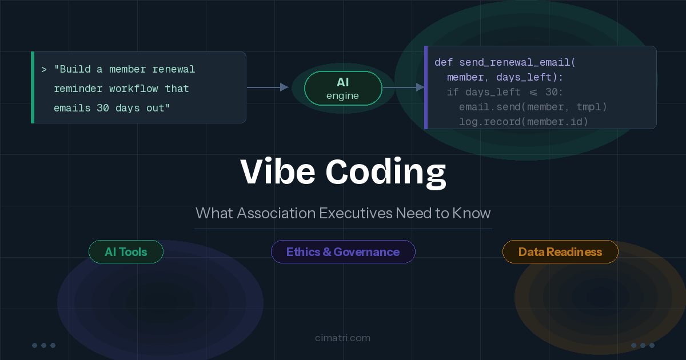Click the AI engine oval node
pyautogui.click(x=343, y=88)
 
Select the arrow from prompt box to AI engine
pyautogui.click(x=268, y=87)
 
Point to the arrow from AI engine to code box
pyautogui.click(x=404, y=87)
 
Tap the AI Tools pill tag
pyautogui.click(x=126, y=251)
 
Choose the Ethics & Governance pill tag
pyautogui.click(x=343, y=251)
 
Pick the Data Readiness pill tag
pyautogui.click(x=560, y=251)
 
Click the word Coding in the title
pyautogui.click(x=385, y=173)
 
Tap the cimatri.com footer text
pyautogui.click(x=342, y=338)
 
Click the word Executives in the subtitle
pyautogui.click(x=356, y=213)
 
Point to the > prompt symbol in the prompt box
pyautogui.click(x=44, y=70)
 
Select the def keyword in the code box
pyautogui.click(x=444, y=62)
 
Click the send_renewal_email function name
pyautogui.click(x=514, y=63)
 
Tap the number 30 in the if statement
pyautogui.click(x=551, y=92)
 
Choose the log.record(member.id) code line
pyautogui.click(x=524, y=122)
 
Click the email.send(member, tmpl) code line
pyautogui.click(x=533, y=107)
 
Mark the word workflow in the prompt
pyautogui.click(x=134, y=89)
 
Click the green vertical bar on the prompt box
pyautogui.click(x=33, y=87)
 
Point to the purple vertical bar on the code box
pyautogui.click(x=426, y=87)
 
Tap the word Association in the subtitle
pyautogui.click(x=276, y=213)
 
